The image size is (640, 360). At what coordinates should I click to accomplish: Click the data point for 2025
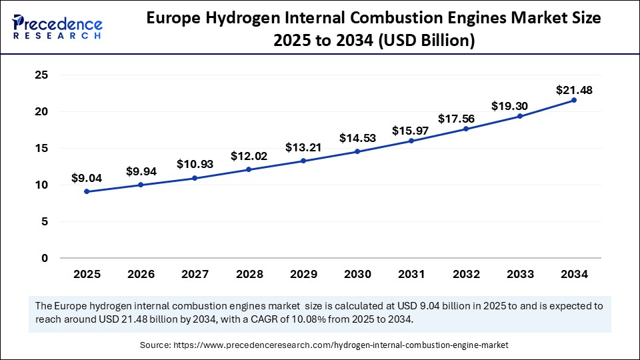pyautogui.click(x=87, y=191)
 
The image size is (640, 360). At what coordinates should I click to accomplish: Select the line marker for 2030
pyautogui.click(x=357, y=151)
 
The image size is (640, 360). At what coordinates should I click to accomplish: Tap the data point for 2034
pyautogui.click(x=574, y=100)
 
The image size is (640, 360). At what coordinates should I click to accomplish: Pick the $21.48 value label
pyautogui.click(x=574, y=89)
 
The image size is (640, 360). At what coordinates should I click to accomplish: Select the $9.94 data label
pyautogui.click(x=141, y=171)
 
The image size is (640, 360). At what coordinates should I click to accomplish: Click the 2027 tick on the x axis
pyautogui.click(x=195, y=274)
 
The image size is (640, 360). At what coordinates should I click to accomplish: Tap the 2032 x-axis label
pyautogui.click(x=465, y=274)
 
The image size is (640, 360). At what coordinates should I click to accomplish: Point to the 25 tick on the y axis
pyautogui.click(x=41, y=75)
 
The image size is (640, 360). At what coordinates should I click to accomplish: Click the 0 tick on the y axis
pyautogui.click(x=45, y=258)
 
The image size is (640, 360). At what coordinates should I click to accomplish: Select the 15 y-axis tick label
pyautogui.click(x=41, y=149)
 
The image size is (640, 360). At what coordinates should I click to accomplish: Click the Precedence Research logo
pyautogui.click(x=57, y=27)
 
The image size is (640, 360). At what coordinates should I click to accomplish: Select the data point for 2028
pyautogui.click(x=249, y=169)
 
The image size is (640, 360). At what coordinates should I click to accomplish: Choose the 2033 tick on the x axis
pyautogui.click(x=520, y=274)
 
